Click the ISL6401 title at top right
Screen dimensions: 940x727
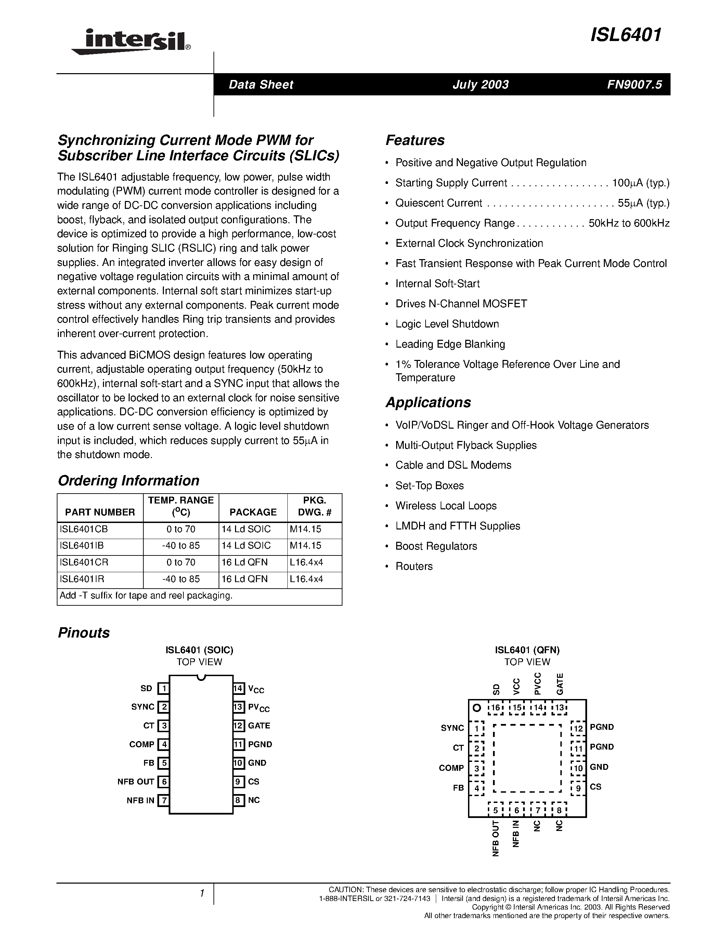[x=626, y=35]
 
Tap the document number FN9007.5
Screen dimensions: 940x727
[x=634, y=84]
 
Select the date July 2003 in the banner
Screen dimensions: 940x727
[x=480, y=84]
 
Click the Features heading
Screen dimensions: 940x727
[x=415, y=140]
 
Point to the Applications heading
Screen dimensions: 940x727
[x=428, y=402]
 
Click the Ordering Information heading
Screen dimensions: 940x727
[x=128, y=480]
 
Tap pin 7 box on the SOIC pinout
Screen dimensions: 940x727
[x=163, y=801]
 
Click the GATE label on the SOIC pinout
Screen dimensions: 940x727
[x=259, y=726]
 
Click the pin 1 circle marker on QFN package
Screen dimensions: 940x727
[x=476, y=708]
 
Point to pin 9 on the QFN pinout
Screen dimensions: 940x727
[x=578, y=789]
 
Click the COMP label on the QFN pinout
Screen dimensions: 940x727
[x=451, y=768]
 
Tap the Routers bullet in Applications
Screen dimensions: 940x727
[x=414, y=566]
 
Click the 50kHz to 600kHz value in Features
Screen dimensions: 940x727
[x=629, y=224]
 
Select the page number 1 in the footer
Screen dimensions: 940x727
[x=202, y=894]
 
